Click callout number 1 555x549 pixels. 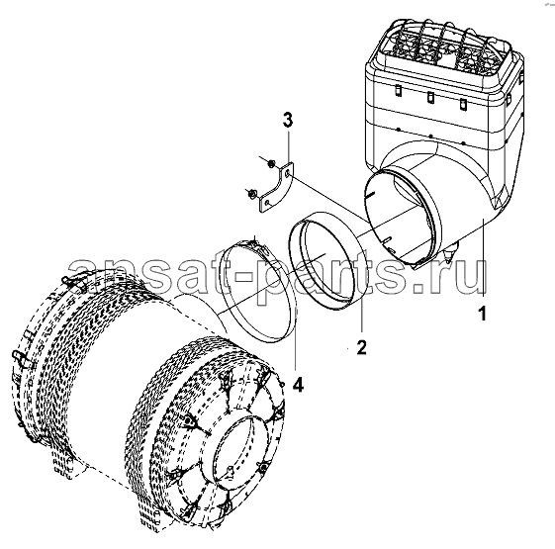click(x=483, y=314)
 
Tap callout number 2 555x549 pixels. click(x=361, y=347)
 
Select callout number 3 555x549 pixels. click(x=288, y=121)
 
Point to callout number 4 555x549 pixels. click(x=298, y=385)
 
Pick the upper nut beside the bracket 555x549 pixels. click(x=271, y=163)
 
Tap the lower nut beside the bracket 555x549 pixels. click(x=252, y=194)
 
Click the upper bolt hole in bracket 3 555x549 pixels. click(x=287, y=172)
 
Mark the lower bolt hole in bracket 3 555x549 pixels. click(x=268, y=203)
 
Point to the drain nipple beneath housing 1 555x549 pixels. click(x=450, y=251)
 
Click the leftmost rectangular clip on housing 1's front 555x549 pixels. click(x=398, y=90)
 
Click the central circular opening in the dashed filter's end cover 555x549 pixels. click(x=242, y=450)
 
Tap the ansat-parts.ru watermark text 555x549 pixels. click(x=277, y=279)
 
